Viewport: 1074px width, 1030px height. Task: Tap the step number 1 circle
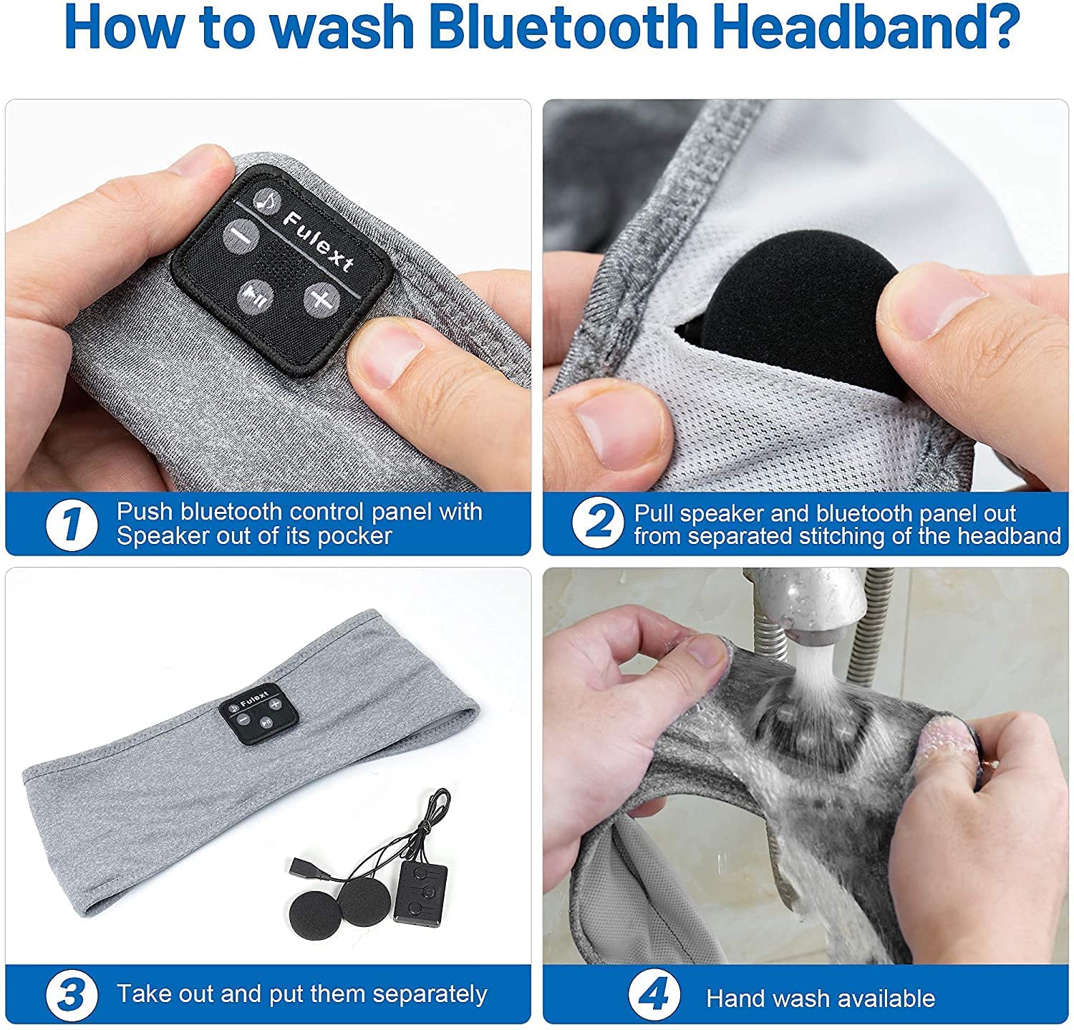(x=72, y=525)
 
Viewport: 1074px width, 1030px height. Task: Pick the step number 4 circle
(x=654, y=996)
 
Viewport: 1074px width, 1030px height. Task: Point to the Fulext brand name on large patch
(x=318, y=241)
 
